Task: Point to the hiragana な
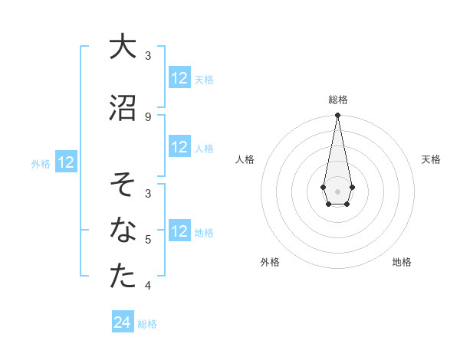[123, 230]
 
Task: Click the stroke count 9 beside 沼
[148, 116]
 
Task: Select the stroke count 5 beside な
[148, 240]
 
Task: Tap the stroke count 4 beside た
[148, 286]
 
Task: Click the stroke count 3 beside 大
[148, 55]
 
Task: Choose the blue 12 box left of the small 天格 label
[179, 78]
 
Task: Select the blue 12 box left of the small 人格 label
[179, 147]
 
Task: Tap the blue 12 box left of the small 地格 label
[179, 231]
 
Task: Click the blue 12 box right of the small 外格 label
[65, 162]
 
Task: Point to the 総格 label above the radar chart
[337, 100]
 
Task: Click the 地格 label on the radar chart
[402, 262]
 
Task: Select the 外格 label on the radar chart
[270, 262]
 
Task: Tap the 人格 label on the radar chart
[245, 159]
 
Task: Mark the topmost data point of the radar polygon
[337, 115]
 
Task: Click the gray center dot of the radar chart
[337, 190]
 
